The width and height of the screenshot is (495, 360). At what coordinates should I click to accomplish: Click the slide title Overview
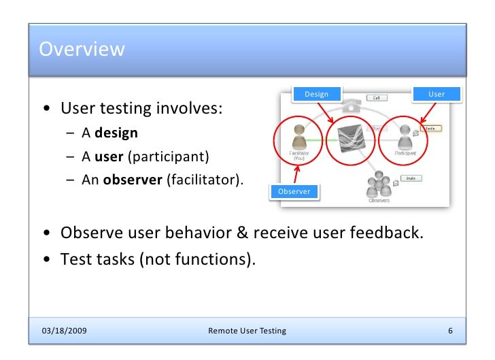coord(82,50)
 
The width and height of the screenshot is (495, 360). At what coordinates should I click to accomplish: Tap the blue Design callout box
coord(315,94)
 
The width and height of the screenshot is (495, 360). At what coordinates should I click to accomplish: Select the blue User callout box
coord(436,94)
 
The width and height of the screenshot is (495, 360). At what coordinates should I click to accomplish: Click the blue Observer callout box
coord(294,191)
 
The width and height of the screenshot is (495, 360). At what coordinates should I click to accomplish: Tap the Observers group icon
coord(378,184)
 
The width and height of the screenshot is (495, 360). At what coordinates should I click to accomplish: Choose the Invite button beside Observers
coord(411,178)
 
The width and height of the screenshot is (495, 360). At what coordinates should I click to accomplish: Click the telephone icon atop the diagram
coord(350,106)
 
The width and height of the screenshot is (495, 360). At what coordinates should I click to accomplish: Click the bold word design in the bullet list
coord(120,133)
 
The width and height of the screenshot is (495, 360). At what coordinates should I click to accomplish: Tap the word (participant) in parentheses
coord(168,157)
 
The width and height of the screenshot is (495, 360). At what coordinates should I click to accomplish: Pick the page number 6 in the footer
coord(450,331)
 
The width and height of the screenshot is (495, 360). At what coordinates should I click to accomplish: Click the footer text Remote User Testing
coord(247,331)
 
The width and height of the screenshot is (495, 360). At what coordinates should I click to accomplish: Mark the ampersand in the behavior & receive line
coord(242,233)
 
